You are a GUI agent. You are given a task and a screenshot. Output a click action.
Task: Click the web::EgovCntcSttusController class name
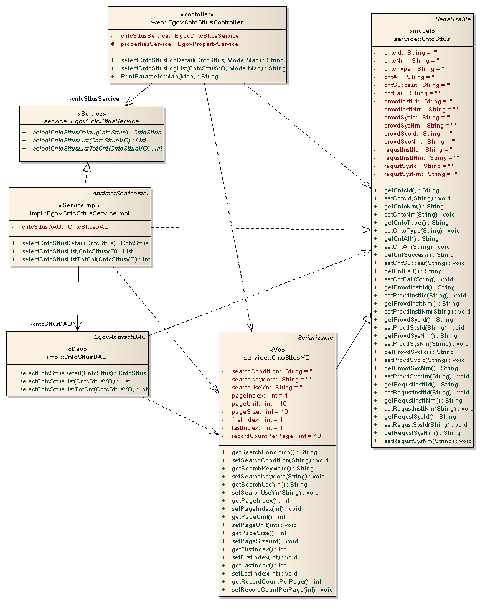pyautogui.click(x=197, y=22)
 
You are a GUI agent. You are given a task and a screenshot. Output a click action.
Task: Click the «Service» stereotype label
pyautogui.click(x=92, y=113)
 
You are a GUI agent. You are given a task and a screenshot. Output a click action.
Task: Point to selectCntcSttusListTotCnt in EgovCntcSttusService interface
pyautogui.click(x=98, y=149)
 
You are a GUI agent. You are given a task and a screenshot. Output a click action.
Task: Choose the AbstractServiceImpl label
pyautogui.click(x=121, y=193)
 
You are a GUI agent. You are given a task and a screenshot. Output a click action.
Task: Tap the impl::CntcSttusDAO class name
pyautogui.click(x=77, y=357)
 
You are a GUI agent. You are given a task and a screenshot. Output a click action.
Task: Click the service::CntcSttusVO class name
pyautogui.click(x=277, y=357)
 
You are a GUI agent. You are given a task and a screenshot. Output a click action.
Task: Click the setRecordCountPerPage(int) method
pyautogui.click(x=282, y=589)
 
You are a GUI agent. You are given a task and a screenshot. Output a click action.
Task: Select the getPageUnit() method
pyautogui.click(x=258, y=516)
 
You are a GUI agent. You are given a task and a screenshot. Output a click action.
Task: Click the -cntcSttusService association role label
pyautogui.click(x=95, y=98)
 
